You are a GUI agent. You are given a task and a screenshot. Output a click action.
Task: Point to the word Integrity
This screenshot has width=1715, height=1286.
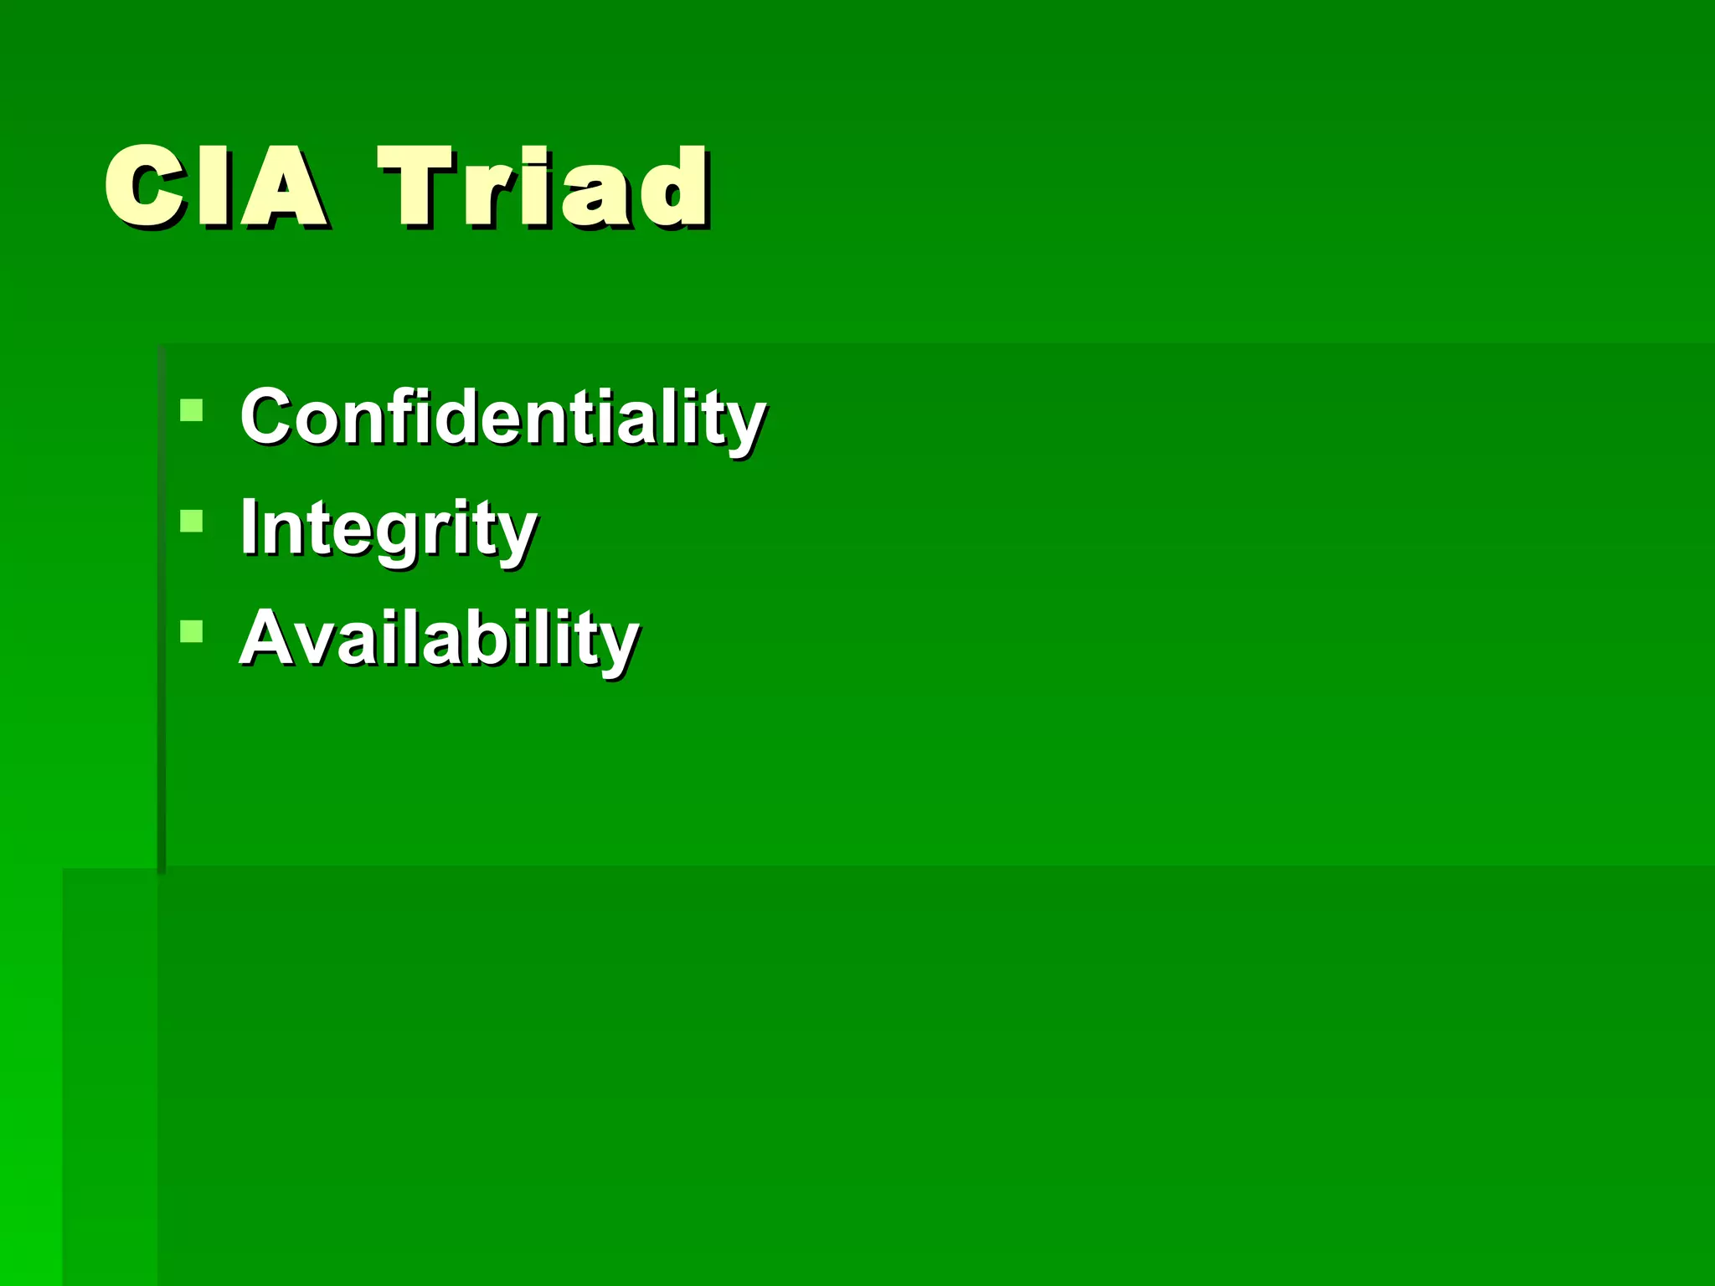pos(389,528)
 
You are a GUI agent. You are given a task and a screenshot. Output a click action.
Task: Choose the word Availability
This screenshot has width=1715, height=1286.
pos(440,638)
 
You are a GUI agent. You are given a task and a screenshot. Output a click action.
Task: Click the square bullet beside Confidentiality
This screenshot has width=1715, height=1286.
pos(192,409)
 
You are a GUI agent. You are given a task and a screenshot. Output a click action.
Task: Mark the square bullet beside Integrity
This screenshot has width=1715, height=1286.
pos(192,521)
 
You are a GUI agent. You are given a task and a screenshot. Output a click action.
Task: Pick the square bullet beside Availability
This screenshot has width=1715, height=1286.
pos(192,630)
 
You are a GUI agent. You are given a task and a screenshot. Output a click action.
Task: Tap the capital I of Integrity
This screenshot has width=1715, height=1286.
pos(248,527)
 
